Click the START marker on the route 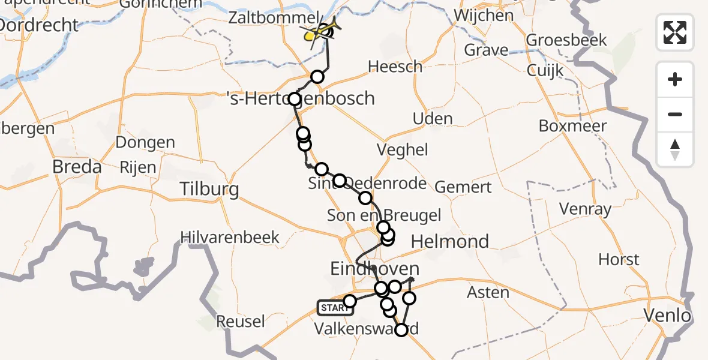click(x=335, y=308)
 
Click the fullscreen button click(x=675, y=32)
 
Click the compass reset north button click(x=675, y=149)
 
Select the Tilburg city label click(x=209, y=190)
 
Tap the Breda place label click(x=77, y=166)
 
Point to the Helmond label click(x=450, y=242)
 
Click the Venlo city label click(x=666, y=315)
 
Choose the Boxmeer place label click(x=572, y=126)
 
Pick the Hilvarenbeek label click(x=230, y=237)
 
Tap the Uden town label click(x=433, y=118)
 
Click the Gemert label click(x=463, y=187)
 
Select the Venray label click(x=584, y=209)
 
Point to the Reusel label click(x=240, y=322)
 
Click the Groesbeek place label click(x=566, y=40)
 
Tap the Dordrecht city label click(x=39, y=25)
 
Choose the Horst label click(x=619, y=260)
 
